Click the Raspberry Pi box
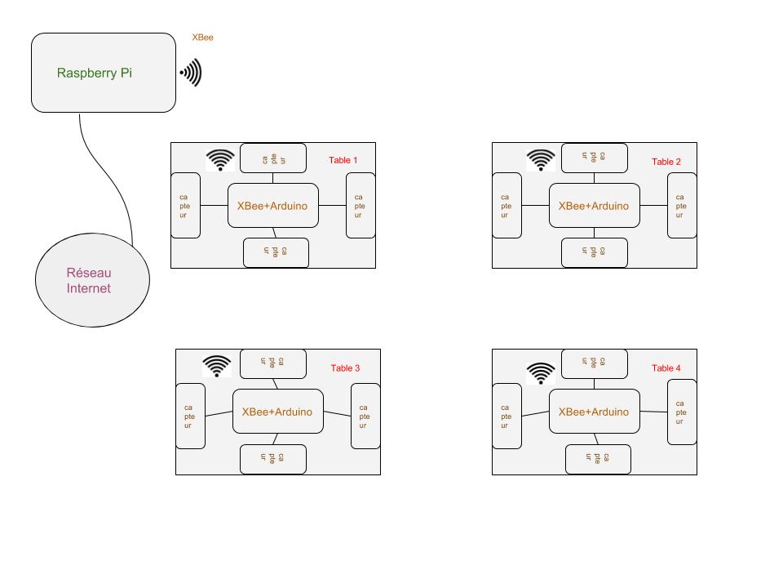coord(103,73)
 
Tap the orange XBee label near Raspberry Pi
coord(202,38)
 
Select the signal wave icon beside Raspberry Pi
coord(191,73)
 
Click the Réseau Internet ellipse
coord(92,281)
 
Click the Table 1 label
coord(343,160)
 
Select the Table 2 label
coord(666,162)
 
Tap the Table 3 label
coord(345,368)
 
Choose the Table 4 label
coord(666,368)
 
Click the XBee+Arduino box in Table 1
coord(272,206)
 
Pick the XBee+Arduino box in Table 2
coord(594,206)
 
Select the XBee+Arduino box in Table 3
coord(277,412)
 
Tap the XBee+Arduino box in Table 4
coord(594,412)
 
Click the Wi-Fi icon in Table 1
coord(220,160)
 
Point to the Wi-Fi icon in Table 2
coord(541,160)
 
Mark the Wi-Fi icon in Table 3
coord(217,367)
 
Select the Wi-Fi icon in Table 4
coord(541,372)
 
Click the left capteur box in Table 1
coord(185,206)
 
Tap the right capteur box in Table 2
coord(682,206)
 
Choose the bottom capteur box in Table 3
coord(273,459)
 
